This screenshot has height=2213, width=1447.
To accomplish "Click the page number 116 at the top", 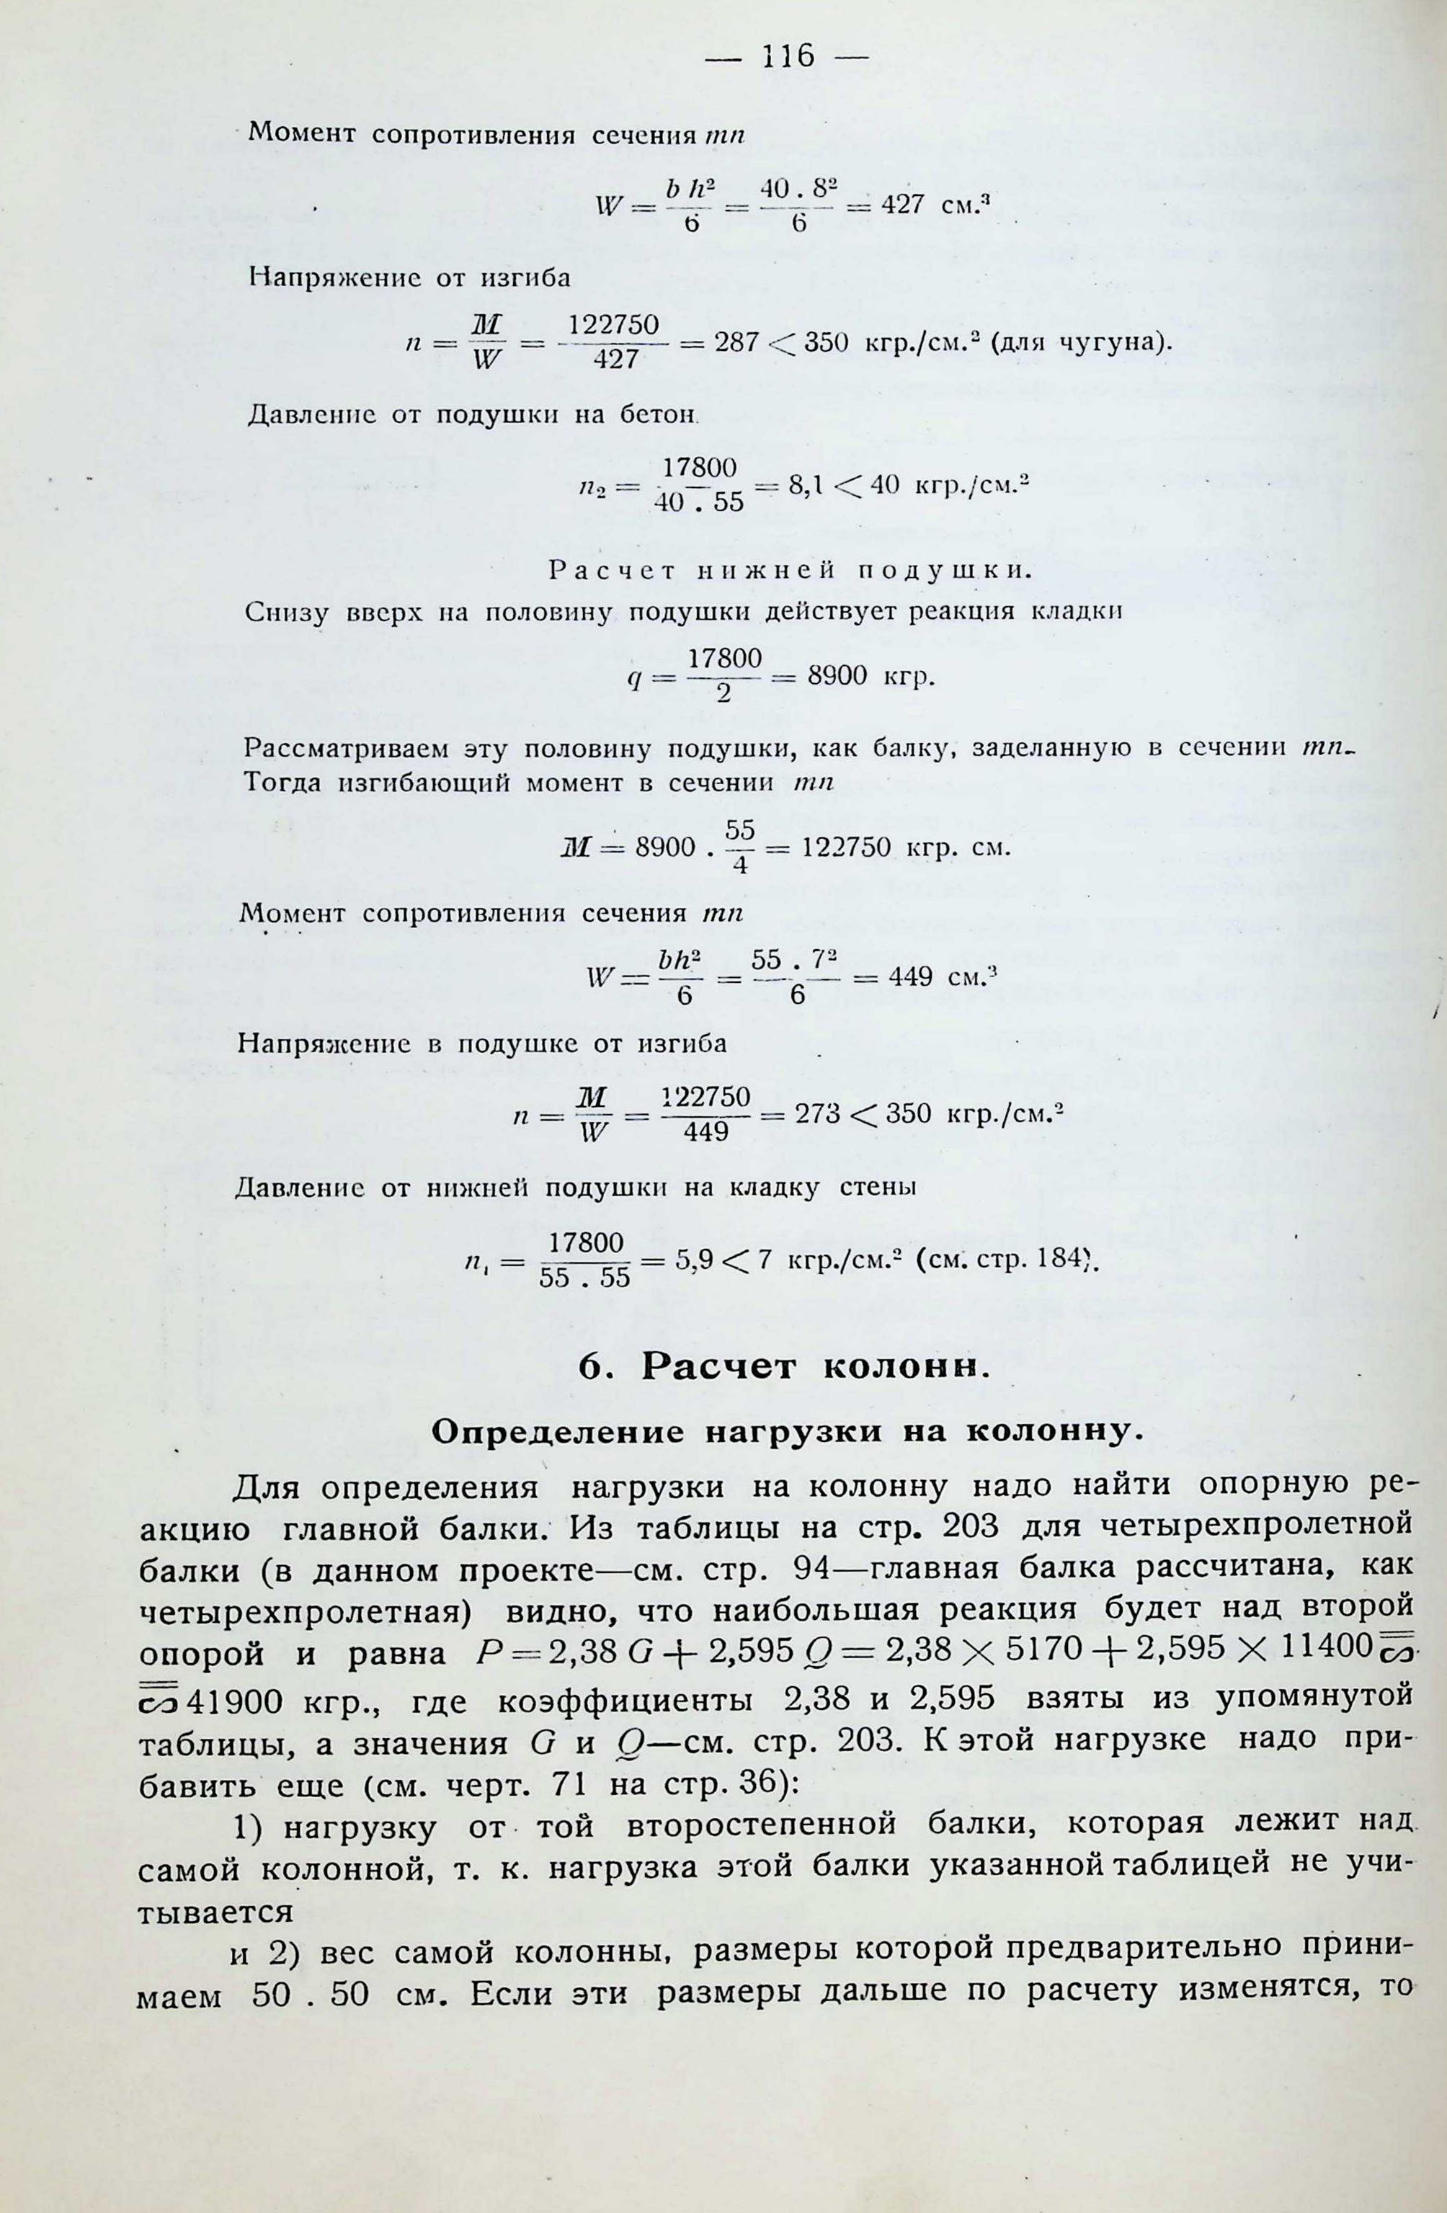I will pos(787,58).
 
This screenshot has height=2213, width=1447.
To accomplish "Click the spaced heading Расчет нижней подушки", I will pos(791,570).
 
